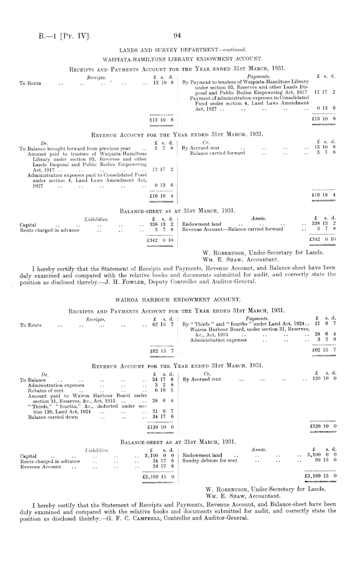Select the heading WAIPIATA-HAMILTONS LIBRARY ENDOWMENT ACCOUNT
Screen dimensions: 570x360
coord(180,60)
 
